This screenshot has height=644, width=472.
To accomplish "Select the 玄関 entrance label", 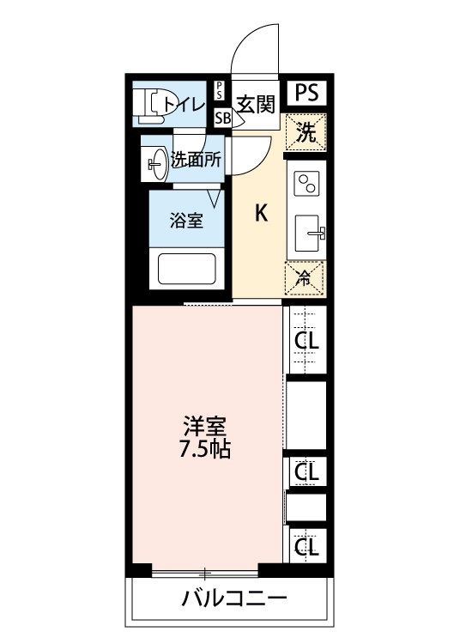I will tap(255, 105).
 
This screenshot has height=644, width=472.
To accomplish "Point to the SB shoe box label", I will tap(221, 118).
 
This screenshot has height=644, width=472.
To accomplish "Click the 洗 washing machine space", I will tap(306, 132).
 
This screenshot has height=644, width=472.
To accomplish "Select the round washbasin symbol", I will tap(157, 163).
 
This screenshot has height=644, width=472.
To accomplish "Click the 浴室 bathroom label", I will tap(187, 221).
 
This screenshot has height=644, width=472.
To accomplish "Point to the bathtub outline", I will tap(186, 270).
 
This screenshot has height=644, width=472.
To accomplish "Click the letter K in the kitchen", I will tap(262, 214).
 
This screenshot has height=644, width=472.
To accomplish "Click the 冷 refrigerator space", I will tap(306, 277).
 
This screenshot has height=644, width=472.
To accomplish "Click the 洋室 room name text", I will tap(206, 426).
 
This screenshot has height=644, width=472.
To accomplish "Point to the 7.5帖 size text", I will tap(206, 449).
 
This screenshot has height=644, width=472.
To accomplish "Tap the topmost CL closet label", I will tap(306, 341).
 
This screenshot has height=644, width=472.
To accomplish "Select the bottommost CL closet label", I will tap(306, 544).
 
